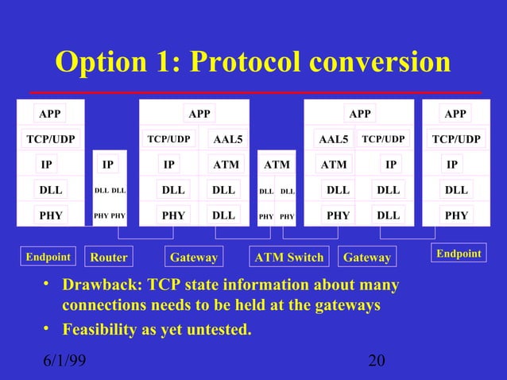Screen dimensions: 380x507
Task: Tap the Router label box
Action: tap(108, 258)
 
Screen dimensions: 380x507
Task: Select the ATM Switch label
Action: tap(288, 258)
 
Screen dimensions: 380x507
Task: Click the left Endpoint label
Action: tap(48, 257)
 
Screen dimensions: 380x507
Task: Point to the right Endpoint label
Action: tap(459, 254)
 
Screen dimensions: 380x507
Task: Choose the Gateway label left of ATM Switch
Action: tap(193, 258)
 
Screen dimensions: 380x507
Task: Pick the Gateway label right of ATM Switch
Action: tap(366, 258)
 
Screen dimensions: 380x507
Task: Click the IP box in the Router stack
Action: tap(108, 165)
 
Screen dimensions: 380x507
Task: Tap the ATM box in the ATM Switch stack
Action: tap(277, 165)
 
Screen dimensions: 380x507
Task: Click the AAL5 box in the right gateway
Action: tap(333, 140)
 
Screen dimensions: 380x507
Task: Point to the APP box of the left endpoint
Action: tap(50, 114)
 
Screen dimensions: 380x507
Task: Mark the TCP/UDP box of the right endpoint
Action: tap(455, 139)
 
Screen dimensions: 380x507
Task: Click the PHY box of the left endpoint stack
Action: tap(50, 215)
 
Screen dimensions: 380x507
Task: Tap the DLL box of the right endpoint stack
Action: tap(455, 190)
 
